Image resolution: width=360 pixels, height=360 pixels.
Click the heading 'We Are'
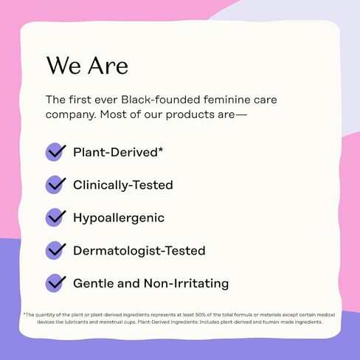87,65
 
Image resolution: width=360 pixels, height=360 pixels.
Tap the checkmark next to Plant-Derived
56,152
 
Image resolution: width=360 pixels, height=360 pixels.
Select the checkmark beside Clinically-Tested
56,184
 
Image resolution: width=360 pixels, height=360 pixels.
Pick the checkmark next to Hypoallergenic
56,218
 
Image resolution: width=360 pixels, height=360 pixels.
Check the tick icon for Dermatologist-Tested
56,250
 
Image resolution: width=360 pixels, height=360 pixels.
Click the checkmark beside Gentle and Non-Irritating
56,283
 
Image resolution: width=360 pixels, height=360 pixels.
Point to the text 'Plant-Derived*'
118,152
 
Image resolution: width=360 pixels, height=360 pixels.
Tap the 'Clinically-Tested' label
123,184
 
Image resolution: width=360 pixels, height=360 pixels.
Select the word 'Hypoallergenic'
119,218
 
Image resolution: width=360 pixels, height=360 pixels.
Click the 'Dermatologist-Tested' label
139,250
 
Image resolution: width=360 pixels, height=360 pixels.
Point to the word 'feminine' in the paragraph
245,99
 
